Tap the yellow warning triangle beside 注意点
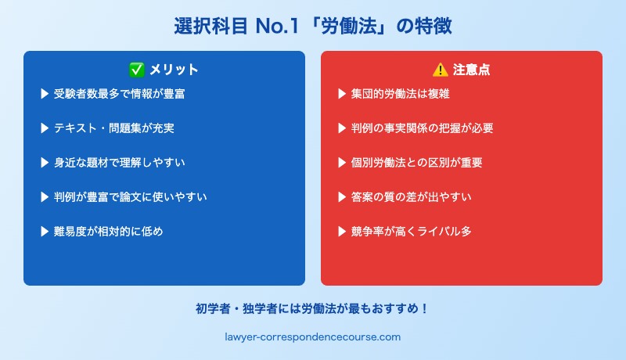[x=441, y=70]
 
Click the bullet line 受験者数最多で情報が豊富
[x=120, y=94]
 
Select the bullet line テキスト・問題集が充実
[x=114, y=128]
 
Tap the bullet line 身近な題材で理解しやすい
[x=120, y=163]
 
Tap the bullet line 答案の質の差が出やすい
[x=412, y=197]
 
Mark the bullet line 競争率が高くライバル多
[x=412, y=232]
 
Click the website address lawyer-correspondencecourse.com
[x=313, y=337]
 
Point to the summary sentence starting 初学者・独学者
[x=313, y=308]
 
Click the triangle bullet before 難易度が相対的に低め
[x=45, y=232]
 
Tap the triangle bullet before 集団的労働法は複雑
[x=342, y=94]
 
